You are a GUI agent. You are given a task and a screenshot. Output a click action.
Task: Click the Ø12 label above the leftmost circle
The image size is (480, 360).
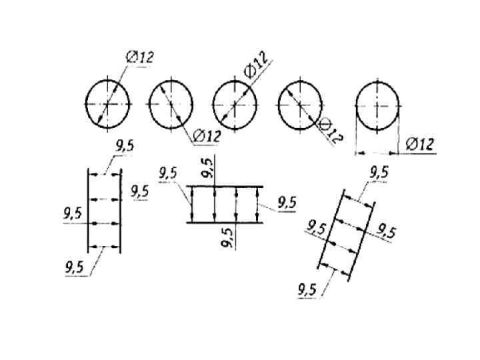point(139,58)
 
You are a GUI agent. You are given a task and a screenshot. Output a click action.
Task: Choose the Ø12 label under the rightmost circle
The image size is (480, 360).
point(419,143)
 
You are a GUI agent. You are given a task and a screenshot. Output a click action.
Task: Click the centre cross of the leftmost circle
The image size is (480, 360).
point(107,103)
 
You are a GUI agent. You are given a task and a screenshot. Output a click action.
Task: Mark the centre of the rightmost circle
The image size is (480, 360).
point(378,106)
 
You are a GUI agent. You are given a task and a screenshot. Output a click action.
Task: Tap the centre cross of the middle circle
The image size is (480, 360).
point(235,105)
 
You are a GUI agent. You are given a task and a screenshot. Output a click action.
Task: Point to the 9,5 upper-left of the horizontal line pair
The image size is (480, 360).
point(168,173)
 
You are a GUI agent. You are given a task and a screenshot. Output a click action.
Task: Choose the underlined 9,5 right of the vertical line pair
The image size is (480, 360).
point(139,191)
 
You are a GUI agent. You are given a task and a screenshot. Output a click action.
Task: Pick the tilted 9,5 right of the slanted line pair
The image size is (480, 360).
point(386,231)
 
